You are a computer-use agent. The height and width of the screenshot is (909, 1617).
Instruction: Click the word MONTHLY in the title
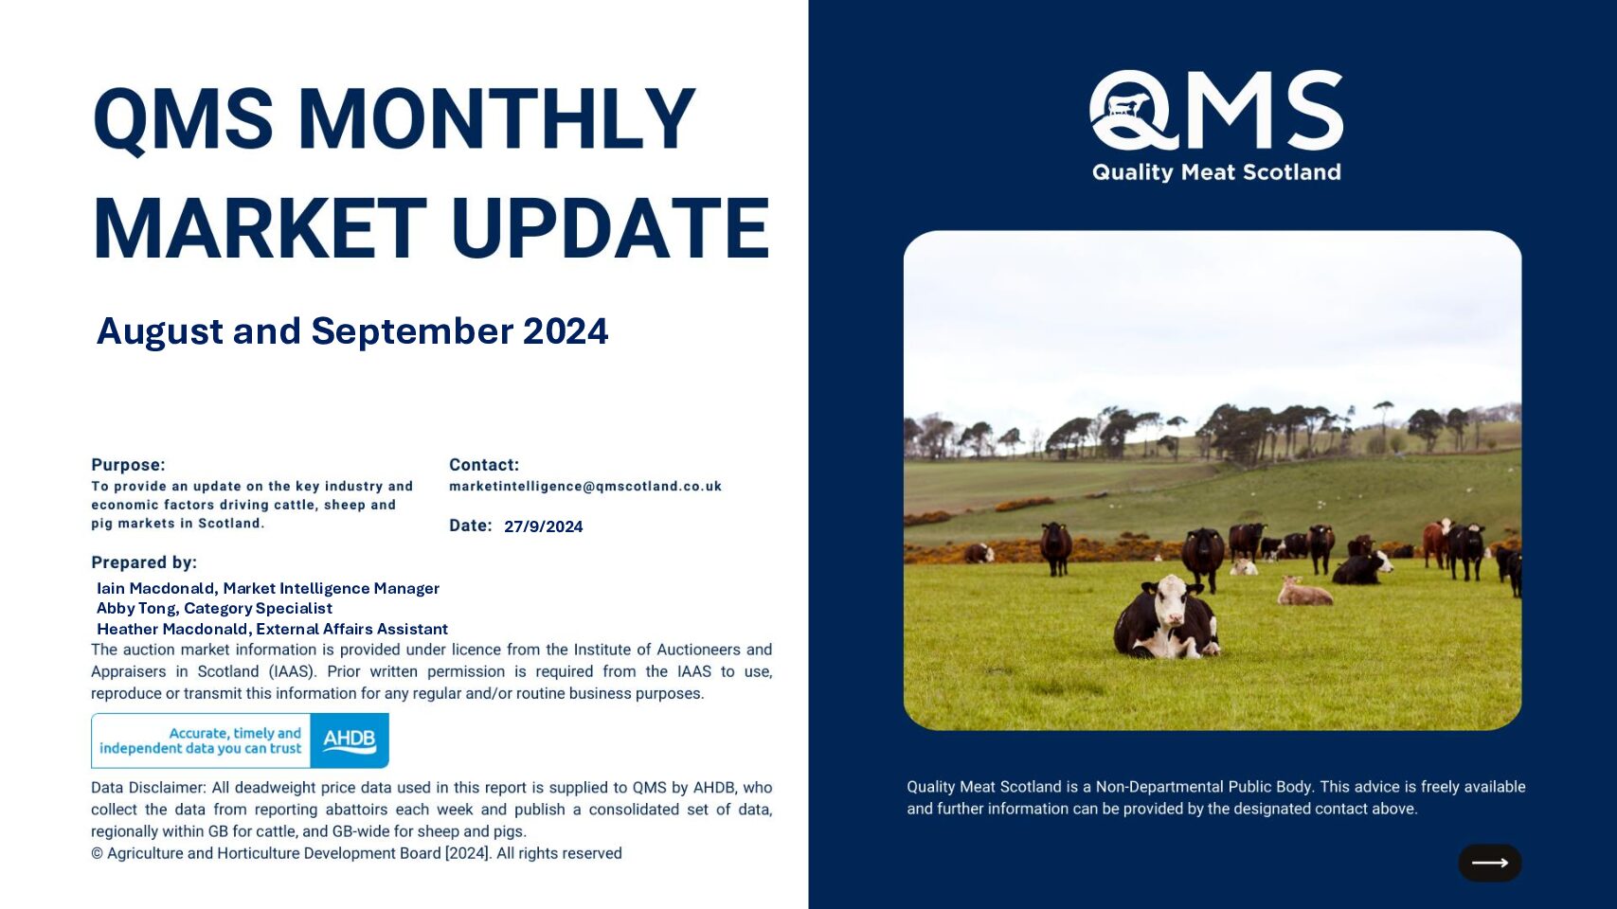pos(496,117)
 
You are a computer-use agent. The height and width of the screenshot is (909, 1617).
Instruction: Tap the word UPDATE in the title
pos(611,228)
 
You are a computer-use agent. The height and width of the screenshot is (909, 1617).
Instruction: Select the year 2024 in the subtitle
pos(566,331)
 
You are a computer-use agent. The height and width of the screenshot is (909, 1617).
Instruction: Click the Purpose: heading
pos(128,465)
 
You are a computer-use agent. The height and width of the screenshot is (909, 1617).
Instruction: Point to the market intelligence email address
pos(585,487)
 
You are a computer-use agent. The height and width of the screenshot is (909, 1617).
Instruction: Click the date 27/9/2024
pos(543,526)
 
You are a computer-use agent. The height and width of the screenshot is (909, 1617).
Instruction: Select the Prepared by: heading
pos(144,562)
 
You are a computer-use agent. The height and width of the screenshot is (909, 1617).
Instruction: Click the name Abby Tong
pos(135,608)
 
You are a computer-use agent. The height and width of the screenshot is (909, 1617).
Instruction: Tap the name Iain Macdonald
pos(155,588)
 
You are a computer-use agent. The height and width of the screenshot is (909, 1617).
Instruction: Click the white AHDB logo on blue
pos(350,740)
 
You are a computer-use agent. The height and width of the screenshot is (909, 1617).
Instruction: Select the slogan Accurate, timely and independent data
pos(200,740)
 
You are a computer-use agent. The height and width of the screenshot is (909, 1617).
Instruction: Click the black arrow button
pos(1489,863)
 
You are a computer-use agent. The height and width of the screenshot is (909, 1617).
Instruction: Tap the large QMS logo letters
pos(1215,110)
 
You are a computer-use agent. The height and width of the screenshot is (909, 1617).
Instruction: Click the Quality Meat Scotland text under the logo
pos(1216,171)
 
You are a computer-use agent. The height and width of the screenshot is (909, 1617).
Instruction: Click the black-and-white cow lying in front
pos(1166,618)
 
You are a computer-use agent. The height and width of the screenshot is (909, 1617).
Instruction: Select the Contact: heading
pos(484,465)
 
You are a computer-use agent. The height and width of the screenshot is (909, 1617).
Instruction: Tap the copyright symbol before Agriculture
pos(97,853)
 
